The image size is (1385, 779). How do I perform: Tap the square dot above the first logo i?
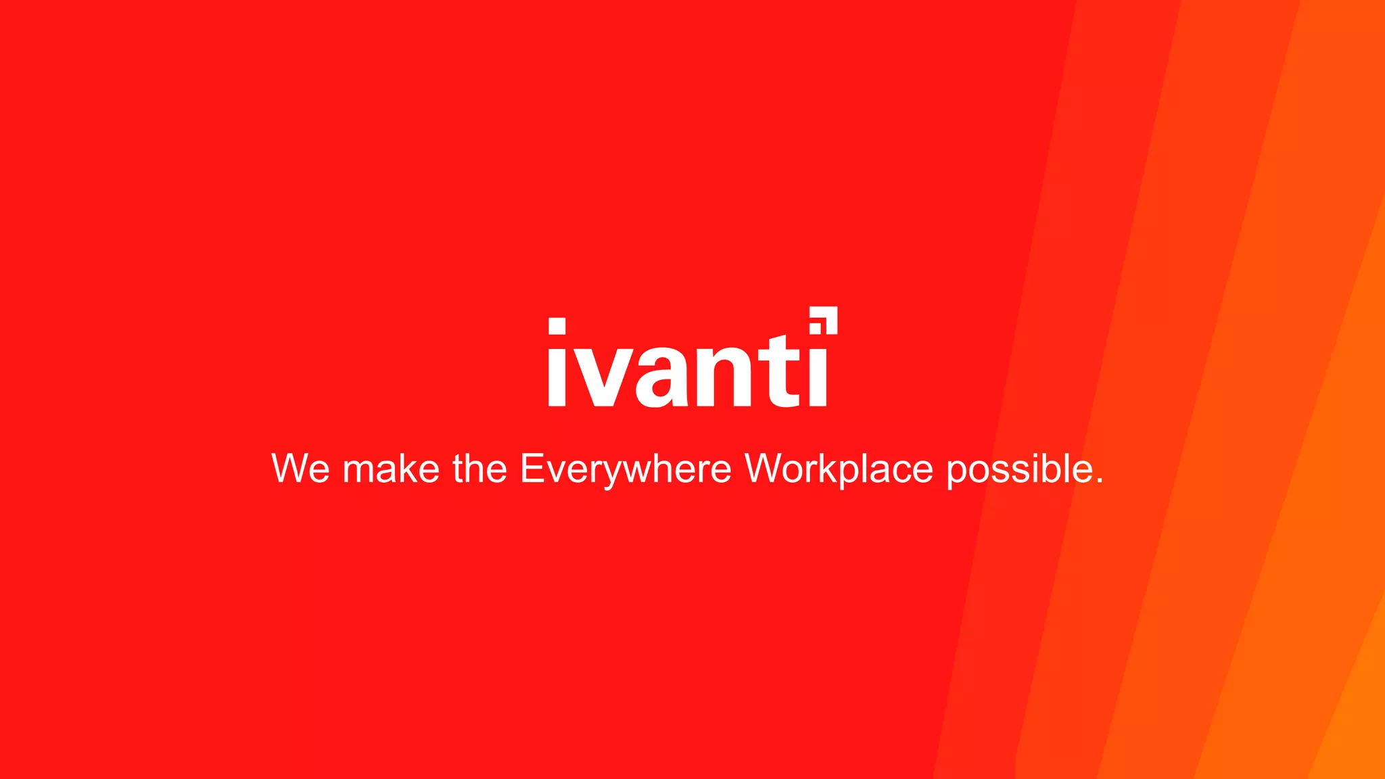[x=557, y=326]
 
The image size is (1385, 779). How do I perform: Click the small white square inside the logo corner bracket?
[x=816, y=328]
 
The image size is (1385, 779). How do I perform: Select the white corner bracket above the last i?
[x=830, y=314]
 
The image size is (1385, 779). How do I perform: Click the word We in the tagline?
[x=300, y=468]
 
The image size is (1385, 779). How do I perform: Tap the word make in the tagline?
[x=391, y=468]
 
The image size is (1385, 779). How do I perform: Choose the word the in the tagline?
[x=479, y=468]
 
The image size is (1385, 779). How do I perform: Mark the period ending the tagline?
[x=1099, y=481]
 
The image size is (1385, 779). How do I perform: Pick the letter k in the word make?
[x=413, y=468]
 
